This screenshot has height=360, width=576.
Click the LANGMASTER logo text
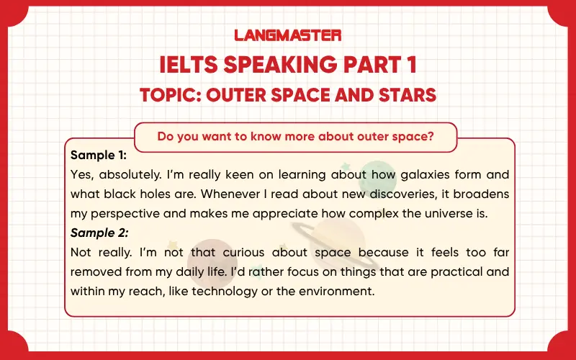tap(288, 35)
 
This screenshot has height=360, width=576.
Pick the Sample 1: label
tap(99, 155)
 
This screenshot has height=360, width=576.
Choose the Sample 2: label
tap(99, 233)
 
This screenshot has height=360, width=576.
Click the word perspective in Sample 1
tap(127, 213)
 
